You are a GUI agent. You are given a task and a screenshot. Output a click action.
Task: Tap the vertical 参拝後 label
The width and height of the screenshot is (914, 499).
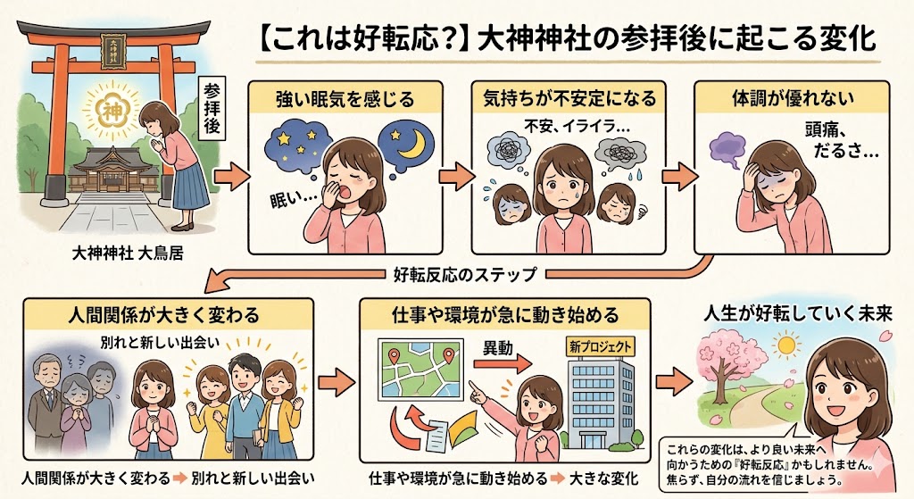[212, 110]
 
